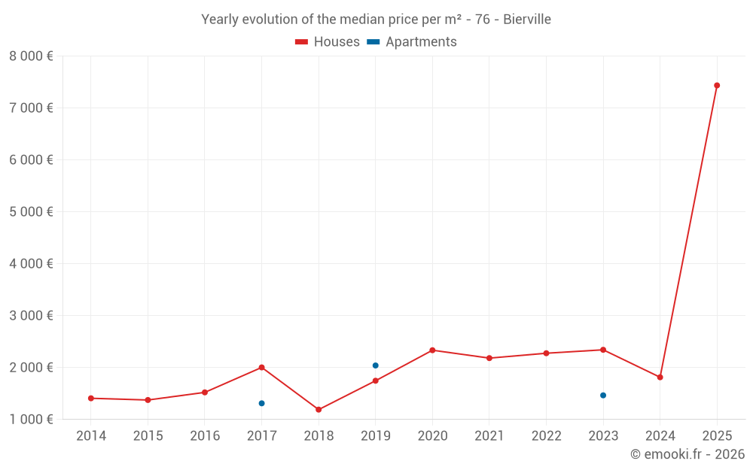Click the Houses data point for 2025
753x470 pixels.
tap(717, 85)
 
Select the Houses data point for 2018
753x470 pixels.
tap(319, 410)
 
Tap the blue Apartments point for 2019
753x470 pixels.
tap(376, 365)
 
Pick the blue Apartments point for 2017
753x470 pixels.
tap(261, 403)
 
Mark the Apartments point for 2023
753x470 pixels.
tap(603, 396)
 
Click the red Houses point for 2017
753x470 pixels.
tap(261, 367)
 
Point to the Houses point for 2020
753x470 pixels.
tap(432, 350)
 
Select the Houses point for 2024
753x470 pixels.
tap(660, 377)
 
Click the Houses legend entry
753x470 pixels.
tap(328, 42)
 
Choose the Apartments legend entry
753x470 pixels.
tap(412, 42)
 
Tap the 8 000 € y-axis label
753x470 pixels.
tap(31, 56)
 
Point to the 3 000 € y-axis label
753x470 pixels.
tap(31, 316)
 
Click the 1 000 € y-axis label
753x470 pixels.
tap(31, 420)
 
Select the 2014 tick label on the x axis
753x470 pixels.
tap(91, 436)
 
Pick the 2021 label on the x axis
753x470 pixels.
tap(489, 436)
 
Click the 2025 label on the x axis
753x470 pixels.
tap(717, 436)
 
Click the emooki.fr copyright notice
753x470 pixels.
tap(687, 454)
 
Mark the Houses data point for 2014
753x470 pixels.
tap(91, 398)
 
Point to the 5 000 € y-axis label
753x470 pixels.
tap(31, 212)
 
